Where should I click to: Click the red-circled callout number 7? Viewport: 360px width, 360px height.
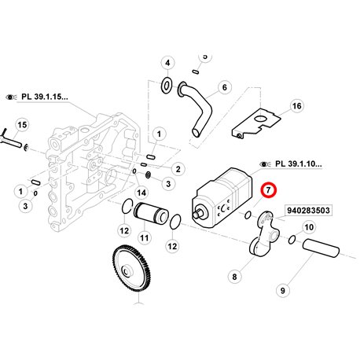[x=268, y=190]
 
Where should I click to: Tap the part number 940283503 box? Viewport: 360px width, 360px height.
[x=308, y=210]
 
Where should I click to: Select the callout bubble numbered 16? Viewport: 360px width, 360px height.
[x=296, y=106]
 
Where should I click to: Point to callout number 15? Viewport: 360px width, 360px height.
[x=22, y=125]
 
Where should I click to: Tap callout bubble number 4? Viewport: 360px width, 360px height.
[x=167, y=63]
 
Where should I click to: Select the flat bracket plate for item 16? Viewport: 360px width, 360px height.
[x=255, y=123]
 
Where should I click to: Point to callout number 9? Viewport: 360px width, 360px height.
[x=283, y=290]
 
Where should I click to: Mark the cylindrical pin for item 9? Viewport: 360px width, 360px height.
[x=321, y=248]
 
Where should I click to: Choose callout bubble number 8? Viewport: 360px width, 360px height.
[x=234, y=277]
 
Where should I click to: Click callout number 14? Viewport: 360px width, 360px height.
[x=141, y=193]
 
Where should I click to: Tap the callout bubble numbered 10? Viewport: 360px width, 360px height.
[x=309, y=227]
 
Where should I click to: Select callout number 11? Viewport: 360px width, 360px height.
[x=145, y=238]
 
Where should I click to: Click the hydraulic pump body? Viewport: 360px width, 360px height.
[x=222, y=198]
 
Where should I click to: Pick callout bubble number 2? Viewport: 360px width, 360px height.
[x=178, y=169]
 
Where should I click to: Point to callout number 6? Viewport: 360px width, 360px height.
[x=225, y=87]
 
